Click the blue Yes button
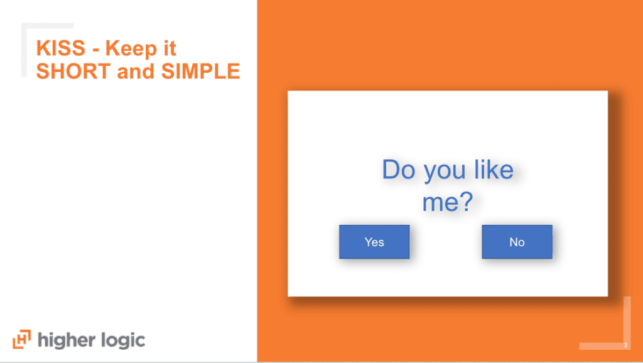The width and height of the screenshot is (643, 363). point(374,242)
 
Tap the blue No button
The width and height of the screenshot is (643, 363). point(517,242)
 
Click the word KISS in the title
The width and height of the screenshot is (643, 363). point(61,48)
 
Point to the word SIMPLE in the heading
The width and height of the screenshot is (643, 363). point(200,71)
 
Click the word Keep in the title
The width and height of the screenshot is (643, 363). point(131,49)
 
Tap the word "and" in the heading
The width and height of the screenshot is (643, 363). point(136,71)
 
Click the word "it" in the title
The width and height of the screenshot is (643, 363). point(170,48)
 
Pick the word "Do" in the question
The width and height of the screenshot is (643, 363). point(399,170)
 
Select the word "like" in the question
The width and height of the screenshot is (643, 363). point(494,169)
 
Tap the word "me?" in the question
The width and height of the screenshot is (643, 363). point(447,202)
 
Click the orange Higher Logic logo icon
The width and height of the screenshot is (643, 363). point(21,339)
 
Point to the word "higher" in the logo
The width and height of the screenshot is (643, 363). point(67,340)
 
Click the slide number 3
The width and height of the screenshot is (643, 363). point(625,345)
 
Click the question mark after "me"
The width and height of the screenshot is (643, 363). point(465,202)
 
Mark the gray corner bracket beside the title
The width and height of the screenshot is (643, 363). point(24,49)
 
